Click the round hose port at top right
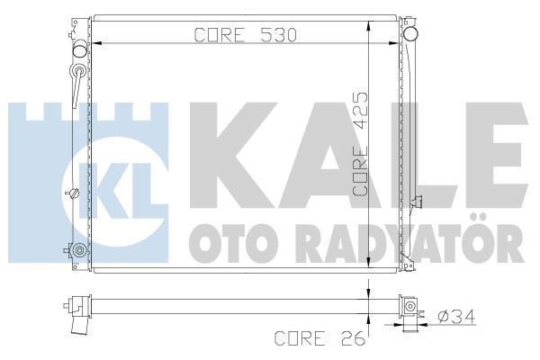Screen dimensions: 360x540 [x=413, y=35]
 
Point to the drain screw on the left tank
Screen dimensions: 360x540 [x=74, y=193]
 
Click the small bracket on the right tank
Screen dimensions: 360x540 [x=415, y=201]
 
